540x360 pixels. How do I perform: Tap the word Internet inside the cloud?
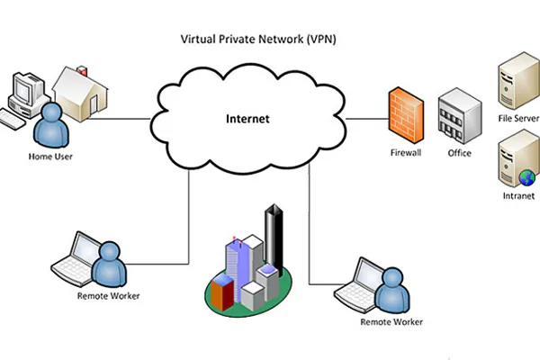click(x=247, y=118)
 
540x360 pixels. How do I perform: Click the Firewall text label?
click(x=406, y=153)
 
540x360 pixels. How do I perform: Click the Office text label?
click(x=459, y=153)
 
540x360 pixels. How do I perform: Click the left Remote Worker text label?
click(x=109, y=296)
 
